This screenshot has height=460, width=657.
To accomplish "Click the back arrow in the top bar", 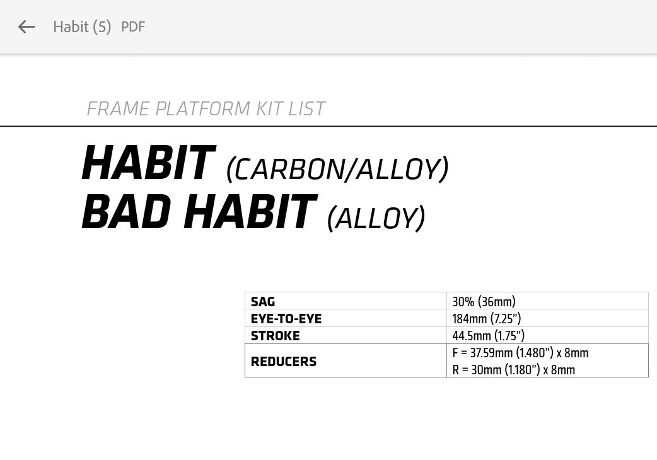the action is coord(26,27).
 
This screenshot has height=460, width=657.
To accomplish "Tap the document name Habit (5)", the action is coord(82,27).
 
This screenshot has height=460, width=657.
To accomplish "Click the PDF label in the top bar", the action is coord(133,27).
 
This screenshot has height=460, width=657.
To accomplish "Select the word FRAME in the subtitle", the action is coord(118,109).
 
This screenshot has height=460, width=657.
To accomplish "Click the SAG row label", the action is coord(263,301).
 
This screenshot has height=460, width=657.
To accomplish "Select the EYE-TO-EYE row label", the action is coord(286,318).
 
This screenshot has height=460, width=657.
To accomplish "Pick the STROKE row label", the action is coord(276,336).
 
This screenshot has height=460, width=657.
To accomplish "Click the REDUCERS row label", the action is coord(284,361).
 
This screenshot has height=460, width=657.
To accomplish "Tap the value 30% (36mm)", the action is coord(484,301).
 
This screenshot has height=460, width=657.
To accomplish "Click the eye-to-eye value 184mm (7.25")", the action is coord(487,318).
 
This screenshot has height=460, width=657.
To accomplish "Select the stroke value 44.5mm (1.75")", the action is coord(489,336).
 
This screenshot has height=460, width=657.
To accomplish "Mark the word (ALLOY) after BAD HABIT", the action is coord(376,218).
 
